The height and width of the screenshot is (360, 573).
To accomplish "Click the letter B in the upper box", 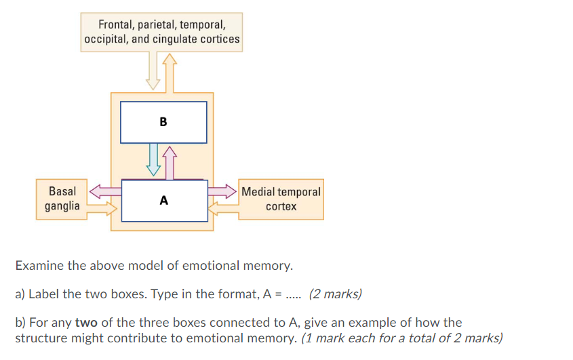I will click(163, 123).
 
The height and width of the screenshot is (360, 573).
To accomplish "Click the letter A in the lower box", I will click(163, 201).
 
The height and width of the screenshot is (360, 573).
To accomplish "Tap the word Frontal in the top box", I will click(115, 24).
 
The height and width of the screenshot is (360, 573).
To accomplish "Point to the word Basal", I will click(62, 191).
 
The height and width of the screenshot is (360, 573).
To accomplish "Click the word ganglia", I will click(62, 205).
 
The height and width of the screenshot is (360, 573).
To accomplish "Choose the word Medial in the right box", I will click(257, 192).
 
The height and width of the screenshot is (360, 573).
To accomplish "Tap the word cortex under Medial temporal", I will click(281, 206).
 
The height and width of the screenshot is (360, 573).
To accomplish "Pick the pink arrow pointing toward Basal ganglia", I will click(103, 192).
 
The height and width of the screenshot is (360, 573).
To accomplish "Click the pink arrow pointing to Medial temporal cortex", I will click(222, 192).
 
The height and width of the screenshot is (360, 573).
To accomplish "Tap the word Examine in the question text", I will click(38, 265).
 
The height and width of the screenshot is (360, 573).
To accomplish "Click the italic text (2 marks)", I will click(335, 294).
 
